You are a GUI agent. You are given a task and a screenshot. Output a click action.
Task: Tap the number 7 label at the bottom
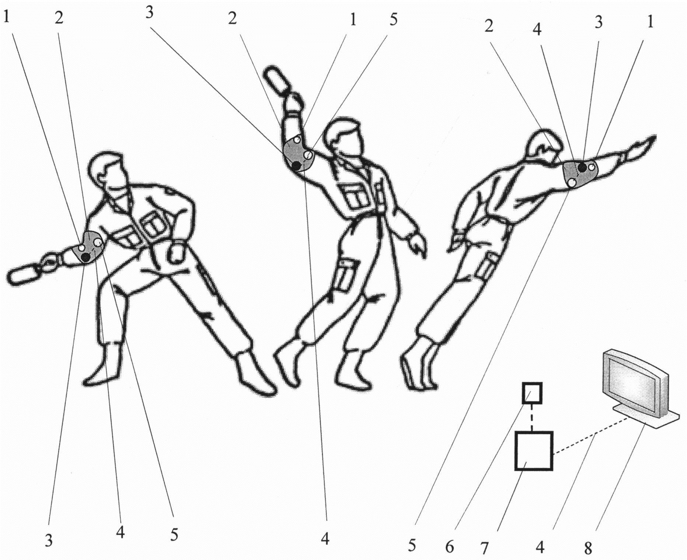coord(484,549)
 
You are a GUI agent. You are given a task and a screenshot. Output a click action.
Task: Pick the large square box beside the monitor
coord(534,451)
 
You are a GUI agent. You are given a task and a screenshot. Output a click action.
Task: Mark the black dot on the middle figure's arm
coord(296,166)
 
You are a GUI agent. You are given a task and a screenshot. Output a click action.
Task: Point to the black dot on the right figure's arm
coord(582,168)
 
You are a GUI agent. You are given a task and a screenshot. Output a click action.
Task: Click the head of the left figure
coord(109,173)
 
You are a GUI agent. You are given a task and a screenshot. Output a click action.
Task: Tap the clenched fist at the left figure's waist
coord(176,253)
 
